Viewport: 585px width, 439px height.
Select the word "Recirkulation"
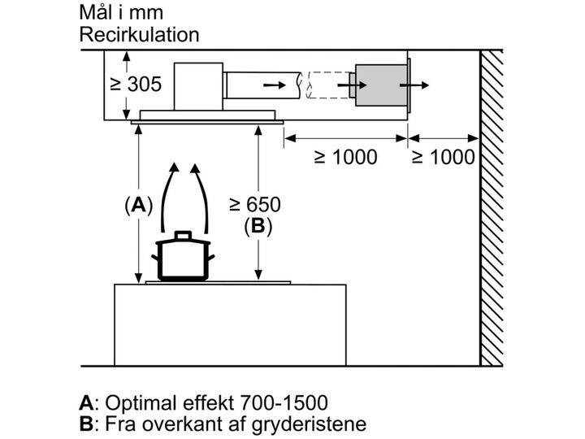(139, 35)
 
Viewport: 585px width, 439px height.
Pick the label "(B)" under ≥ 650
(258, 227)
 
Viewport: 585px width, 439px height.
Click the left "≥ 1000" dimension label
(344, 157)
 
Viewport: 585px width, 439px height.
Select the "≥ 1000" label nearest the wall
(443, 157)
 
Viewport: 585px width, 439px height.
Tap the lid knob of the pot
(183, 234)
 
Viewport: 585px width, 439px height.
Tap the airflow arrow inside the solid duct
(275, 84)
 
